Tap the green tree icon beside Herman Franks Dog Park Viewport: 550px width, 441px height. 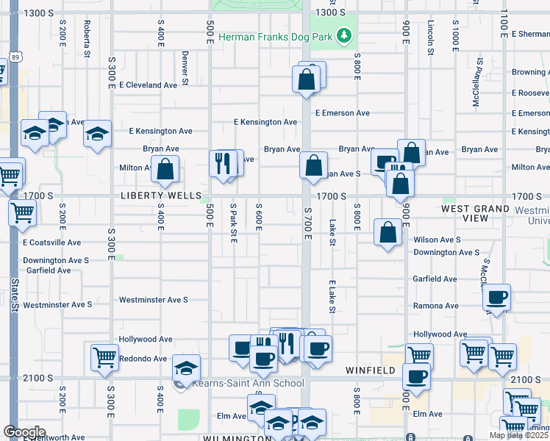343,35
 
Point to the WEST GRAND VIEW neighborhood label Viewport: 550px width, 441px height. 475,213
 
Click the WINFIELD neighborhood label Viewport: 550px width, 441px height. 371,371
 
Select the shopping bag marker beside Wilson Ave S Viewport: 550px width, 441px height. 387,232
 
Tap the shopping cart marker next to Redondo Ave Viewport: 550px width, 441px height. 104,357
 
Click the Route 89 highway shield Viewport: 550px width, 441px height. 16,57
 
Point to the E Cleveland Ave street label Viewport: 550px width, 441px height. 148,85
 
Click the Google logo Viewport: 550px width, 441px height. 24,432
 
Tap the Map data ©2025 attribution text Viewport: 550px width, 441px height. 518,435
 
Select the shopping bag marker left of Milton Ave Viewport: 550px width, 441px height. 167,168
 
